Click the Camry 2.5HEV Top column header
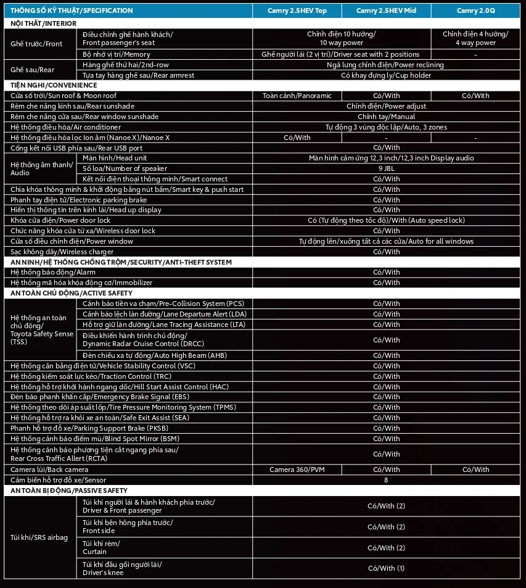click(x=297, y=10)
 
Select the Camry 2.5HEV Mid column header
click(x=386, y=10)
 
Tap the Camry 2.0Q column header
click(x=475, y=10)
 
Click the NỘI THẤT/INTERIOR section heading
click(x=44, y=23)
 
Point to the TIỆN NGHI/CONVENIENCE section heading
click(x=54, y=85)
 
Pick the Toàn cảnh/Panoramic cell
click(x=297, y=96)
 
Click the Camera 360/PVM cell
click(x=297, y=470)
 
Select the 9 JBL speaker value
click(x=386, y=168)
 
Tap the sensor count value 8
click(x=386, y=480)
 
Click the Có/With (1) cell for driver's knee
click(x=386, y=568)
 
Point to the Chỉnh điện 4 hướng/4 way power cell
click(x=475, y=38)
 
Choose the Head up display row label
click(x=86, y=210)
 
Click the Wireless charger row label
click(x=62, y=252)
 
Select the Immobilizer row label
click(x=81, y=283)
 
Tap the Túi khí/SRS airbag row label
click(x=39, y=537)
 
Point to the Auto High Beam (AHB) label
click(x=155, y=355)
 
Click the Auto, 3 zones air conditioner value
click(x=386, y=127)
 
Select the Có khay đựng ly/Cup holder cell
click(x=386, y=75)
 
